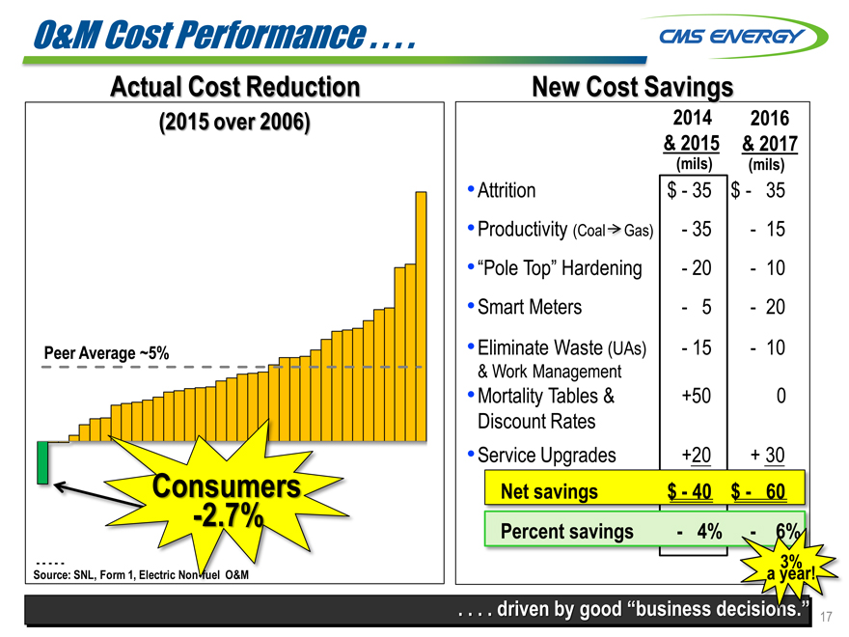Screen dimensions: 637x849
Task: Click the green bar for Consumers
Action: [x=42, y=462]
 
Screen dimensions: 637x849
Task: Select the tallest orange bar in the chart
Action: [x=421, y=315]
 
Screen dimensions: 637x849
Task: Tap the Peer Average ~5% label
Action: [x=107, y=353]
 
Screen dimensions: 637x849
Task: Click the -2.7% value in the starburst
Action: [x=228, y=517]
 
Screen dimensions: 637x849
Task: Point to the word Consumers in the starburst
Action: [x=227, y=485]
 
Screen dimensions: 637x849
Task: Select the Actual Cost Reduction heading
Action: [x=234, y=87]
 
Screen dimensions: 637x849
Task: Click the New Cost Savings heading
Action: [x=632, y=87]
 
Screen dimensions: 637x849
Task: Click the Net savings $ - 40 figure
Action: [x=690, y=492]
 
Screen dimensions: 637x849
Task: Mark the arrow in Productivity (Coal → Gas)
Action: [x=613, y=231]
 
